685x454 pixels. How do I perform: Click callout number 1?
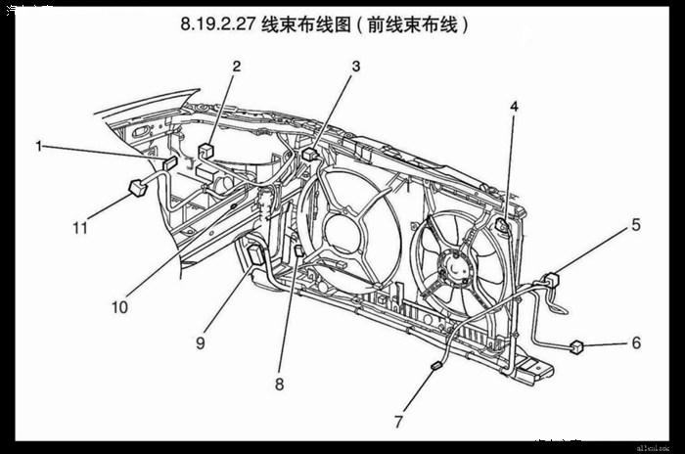(40, 146)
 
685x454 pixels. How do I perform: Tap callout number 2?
(236, 66)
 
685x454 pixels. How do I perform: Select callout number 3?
(356, 66)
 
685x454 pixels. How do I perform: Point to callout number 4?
(514, 106)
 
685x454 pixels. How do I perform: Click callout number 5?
(635, 224)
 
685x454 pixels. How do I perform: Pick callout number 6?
(635, 342)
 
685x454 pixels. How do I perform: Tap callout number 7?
(398, 422)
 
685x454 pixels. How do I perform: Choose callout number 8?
(279, 385)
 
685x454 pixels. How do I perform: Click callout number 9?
(200, 342)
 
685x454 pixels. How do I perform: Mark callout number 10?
(119, 306)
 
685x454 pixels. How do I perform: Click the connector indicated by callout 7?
(437, 366)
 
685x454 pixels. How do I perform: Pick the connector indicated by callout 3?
(310, 154)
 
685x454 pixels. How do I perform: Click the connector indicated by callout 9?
(256, 253)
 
